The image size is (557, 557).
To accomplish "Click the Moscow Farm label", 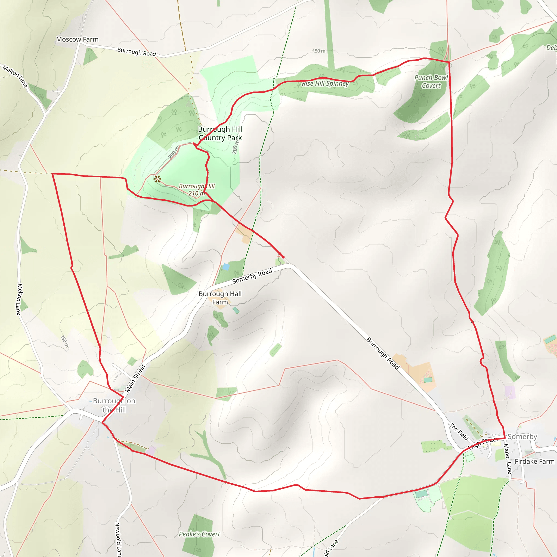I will [x=77, y=39].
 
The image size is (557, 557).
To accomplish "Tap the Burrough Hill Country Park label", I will [x=220, y=133].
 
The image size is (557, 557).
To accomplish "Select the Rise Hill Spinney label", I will [x=325, y=83].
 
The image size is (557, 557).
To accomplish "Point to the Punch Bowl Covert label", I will [x=431, y=82].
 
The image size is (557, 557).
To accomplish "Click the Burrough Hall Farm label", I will [x=220, y=298].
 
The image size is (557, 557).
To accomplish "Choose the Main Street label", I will [x=135, y=378].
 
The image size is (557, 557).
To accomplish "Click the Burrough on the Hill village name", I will [x=114, y=405].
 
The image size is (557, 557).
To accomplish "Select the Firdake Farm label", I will [x=534, y=461].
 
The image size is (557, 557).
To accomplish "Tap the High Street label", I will [x=483, y=443].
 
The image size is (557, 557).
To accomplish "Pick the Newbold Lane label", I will [x=118, y=539].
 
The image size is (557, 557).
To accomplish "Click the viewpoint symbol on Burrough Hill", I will [x=157, y=179].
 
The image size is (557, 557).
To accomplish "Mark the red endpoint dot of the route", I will [x=283, y=257].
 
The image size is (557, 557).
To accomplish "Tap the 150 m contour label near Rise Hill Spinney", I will [x=319, y=51].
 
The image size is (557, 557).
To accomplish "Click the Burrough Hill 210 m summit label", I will [x=197, y=190].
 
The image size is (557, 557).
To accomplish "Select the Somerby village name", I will [x=522, y=437].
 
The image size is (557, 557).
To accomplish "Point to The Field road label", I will [x=459, y=431].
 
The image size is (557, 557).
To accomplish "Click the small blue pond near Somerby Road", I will [x=226, y=267].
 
